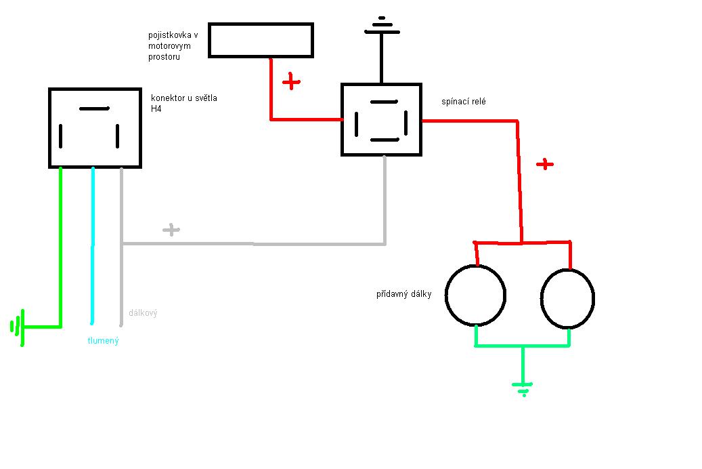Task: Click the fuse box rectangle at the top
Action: pyautogui.click(x=261, y=40)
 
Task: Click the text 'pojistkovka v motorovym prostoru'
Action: pyautogui.click(x=173, y=45)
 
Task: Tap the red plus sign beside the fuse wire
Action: pyautogui.click(x=291, y=82)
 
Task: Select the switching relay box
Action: pyautogui.click(x=381, y=119)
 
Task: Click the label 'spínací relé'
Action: pyautogui.click(x=463, y=102)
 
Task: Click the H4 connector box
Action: pyautogui.click(x=95, y=127)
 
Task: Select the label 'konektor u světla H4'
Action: pyautogui.click(x=184, y=103)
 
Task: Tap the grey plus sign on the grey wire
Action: pyautogui.click(x=171, y=230)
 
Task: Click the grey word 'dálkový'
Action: pyautogui.click(x=143, y=313)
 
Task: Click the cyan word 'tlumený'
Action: pyautogui.click(x=103, y=341)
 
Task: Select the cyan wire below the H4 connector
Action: pyautogui.click(x=93, y=244)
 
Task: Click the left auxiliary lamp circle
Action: pyautogui.click(x=476, y=295)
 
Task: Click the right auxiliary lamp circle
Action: pyautogui.click(x=567, y=298)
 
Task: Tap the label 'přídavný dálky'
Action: pyautogui.click(x=404, y=294)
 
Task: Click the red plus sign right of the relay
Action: pyautogui.click(x=544, y=164)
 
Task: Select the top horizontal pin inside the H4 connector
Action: pyautogui.click(x=94, y=108)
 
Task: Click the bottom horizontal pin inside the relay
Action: pyautogui.click(x=385, y=140)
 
